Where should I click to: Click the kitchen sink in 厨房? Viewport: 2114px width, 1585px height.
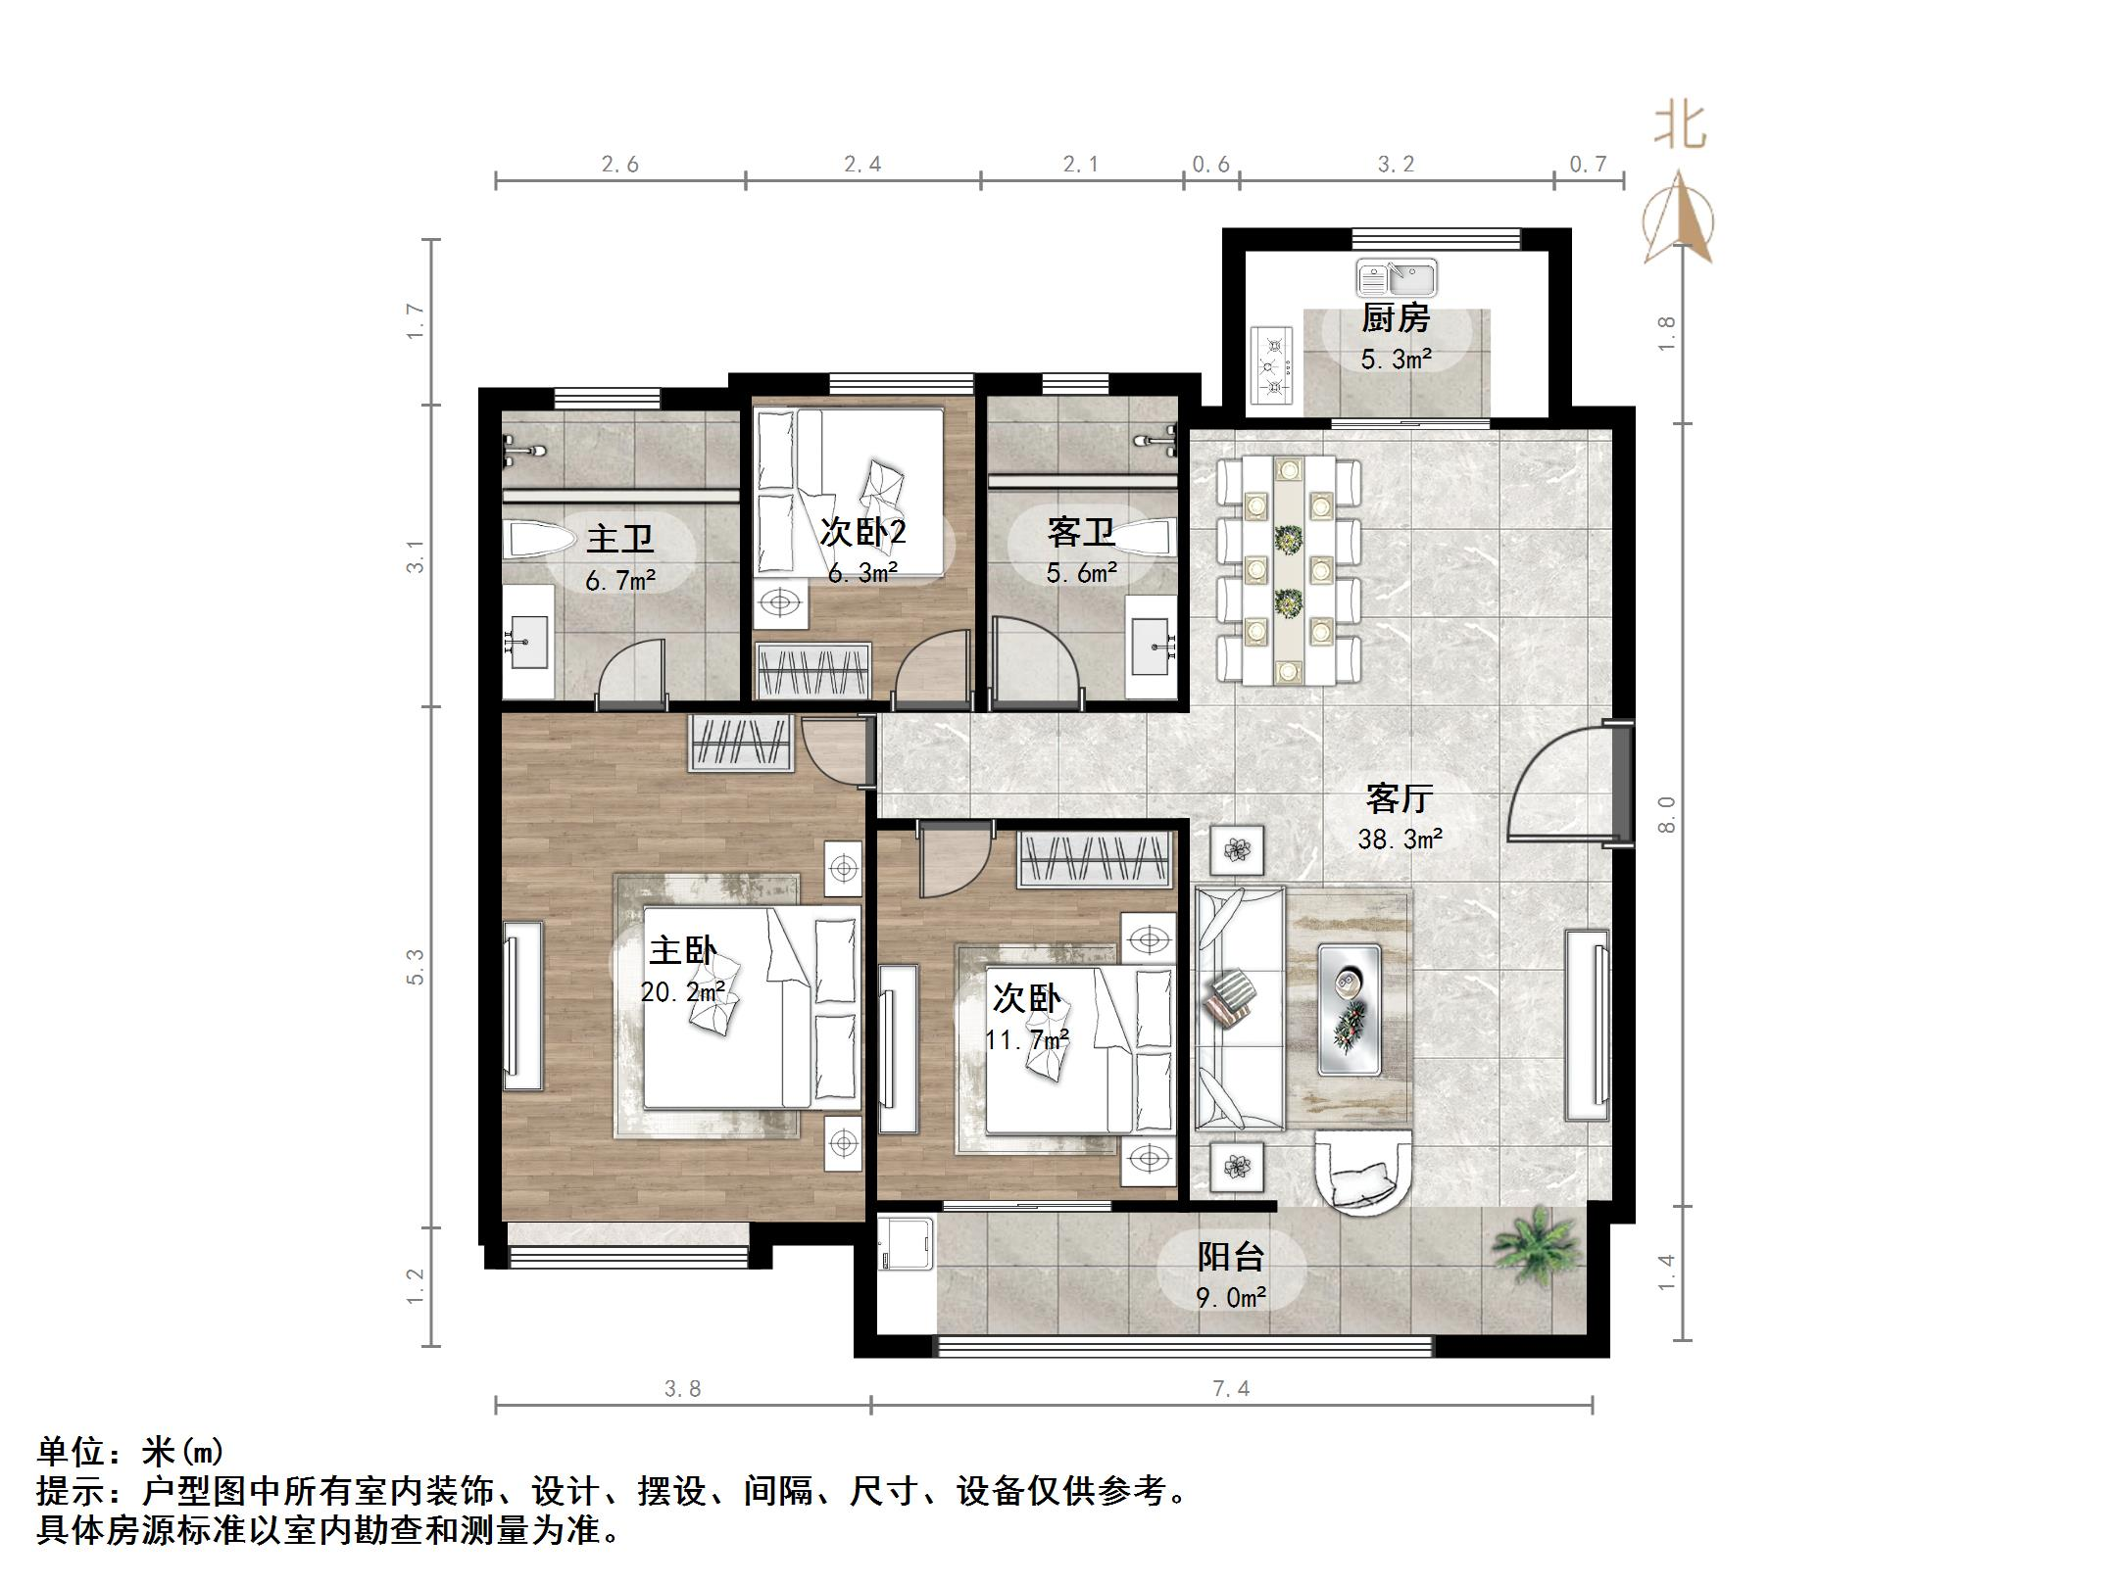pyautogui.click(x=1396, y=278)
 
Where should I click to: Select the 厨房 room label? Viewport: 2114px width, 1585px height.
pyautogui.click(x=1396, y=318)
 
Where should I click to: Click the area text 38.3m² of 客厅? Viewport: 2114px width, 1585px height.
pyautogui.click(x=1400, y=839)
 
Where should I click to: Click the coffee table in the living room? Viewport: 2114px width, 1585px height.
pyautogui.click(x=1349, y=1009)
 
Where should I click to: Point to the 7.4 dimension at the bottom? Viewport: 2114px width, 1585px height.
pyautogui.click(x=1230, y=1388)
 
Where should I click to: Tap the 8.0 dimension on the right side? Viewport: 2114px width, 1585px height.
pyautogui.click(x=1666, y=814)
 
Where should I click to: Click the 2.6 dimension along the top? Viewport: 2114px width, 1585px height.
pyautogui.click(x=619, y=165)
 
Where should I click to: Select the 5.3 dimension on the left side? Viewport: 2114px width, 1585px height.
pyautogui.click(x=417, y=966)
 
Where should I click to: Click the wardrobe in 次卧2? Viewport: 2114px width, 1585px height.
pyautogui.click(x=812, y=671)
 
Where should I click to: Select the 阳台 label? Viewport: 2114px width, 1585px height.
pyautogui.click(x=1231, y=1257)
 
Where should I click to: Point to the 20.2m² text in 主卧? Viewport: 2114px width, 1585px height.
pyautogui.click(x=682, y=992)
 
